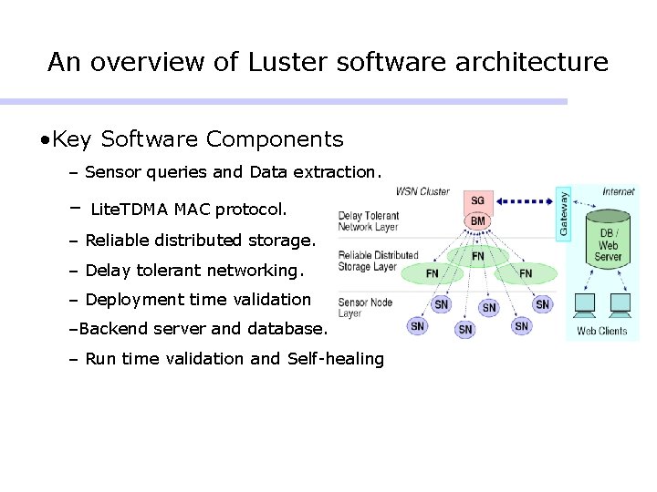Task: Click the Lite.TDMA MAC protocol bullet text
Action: coord(189,210)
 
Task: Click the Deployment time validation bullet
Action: coord(198,300)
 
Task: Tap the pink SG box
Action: coord(478,200)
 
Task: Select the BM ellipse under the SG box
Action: coord(478,221)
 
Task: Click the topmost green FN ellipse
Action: coord(478,257)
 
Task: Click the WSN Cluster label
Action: coord(422,192)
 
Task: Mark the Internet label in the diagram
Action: coord(619,192)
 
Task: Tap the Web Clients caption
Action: coord(602,331)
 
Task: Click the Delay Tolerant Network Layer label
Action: coord(369,221)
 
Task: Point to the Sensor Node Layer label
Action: coord(364,307)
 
